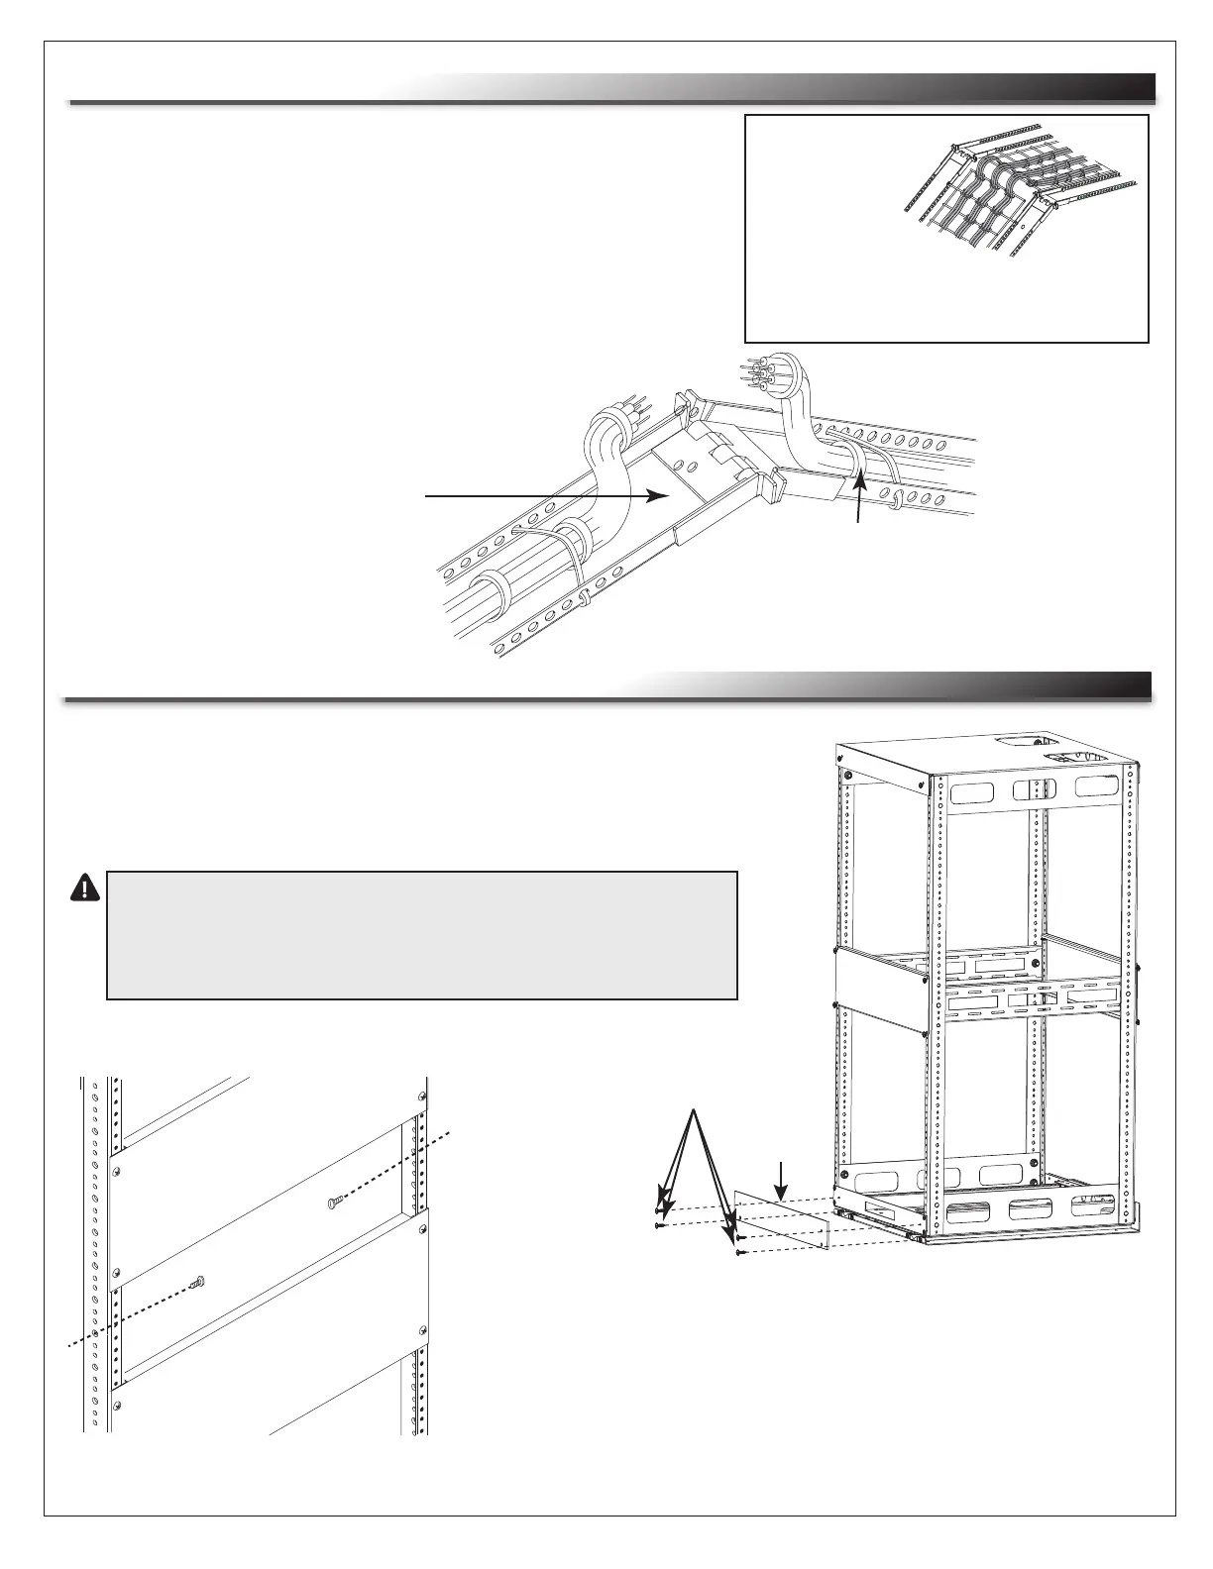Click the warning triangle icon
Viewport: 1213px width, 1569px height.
coord(85,887)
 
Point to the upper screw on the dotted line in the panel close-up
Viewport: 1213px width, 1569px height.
coord(335,1203)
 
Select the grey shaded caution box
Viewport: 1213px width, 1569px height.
coord(422,935)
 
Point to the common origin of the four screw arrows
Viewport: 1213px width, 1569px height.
coord(696,1112)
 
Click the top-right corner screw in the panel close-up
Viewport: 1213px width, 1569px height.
coord(423,1097)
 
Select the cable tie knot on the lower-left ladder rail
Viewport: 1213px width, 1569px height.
coord(585,600)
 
